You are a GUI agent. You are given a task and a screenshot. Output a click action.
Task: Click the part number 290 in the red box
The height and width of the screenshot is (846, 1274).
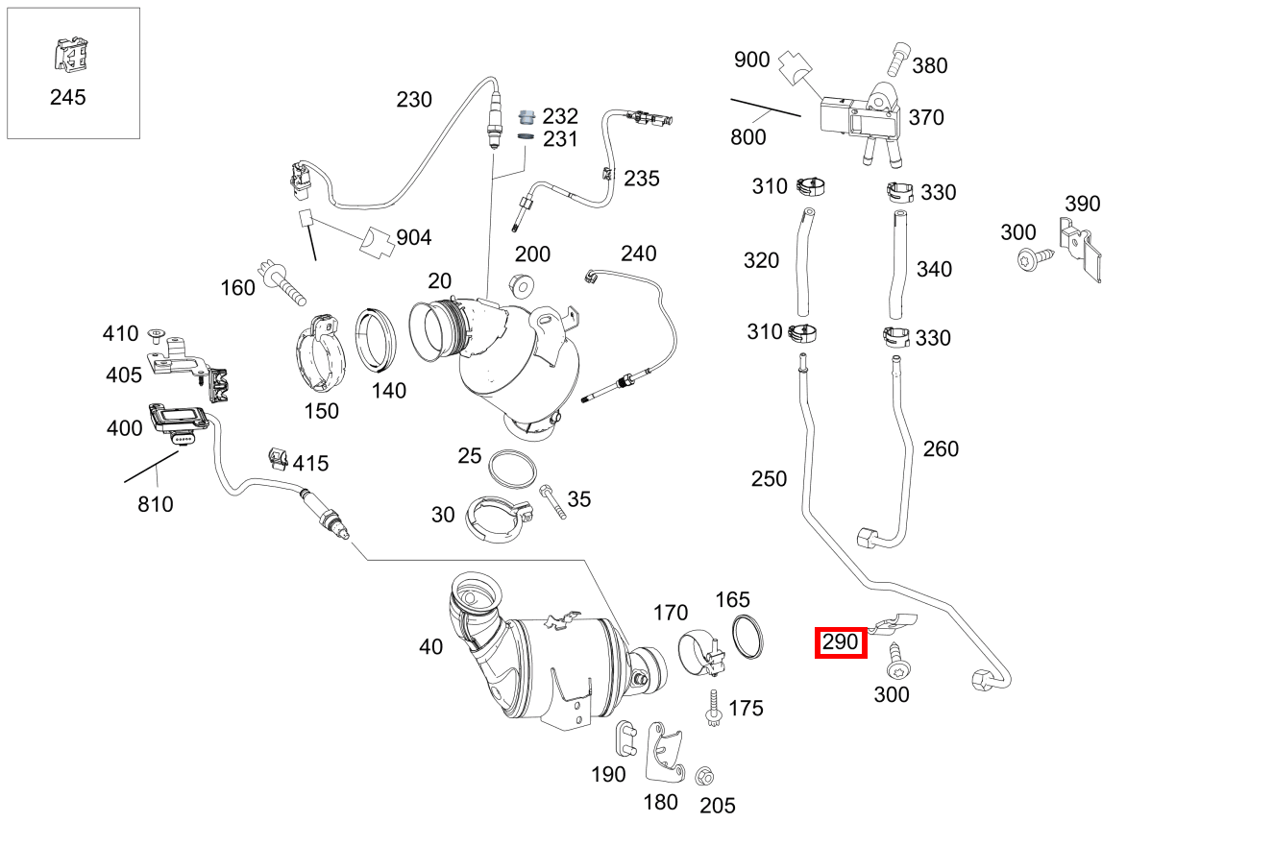pyautogui.click(x=841, y=642)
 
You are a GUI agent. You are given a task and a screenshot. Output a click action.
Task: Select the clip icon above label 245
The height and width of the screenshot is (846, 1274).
pyautogui.click(x=66, y=55)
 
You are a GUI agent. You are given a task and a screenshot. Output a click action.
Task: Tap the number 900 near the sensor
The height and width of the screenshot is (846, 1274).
pyautogui.click(x=751, y=60)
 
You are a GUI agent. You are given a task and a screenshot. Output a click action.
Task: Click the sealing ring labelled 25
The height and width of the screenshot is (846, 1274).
pyautogui.click(x=513, y=468)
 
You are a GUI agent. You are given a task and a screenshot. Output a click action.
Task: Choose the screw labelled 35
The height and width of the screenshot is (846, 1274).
pyautogui.click(x=553, y=501)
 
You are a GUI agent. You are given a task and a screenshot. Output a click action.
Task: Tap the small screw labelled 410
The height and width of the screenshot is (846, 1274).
pyautogui.click(x=156, y=334)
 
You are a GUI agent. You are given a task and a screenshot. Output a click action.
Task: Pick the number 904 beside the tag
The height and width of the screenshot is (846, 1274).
pyautogui.click(x=413, y=238)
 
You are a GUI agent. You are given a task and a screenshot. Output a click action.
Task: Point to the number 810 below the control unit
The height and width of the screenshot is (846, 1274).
pyautogui.click(x=156, y=503)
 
